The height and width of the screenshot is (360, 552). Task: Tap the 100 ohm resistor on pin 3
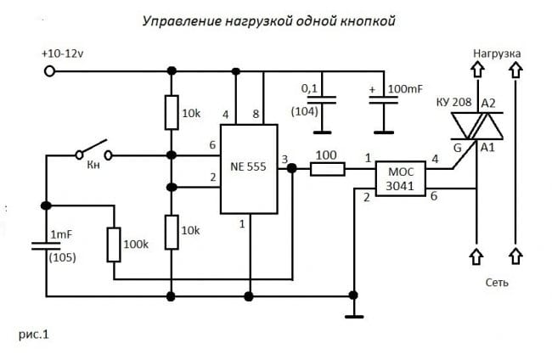[327, 169]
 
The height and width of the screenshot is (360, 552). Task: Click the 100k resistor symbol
[113, 244]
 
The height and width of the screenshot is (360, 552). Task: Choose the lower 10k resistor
[171, 232]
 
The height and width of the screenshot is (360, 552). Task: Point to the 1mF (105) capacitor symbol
[46, 245]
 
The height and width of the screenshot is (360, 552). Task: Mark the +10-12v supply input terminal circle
[50, 70]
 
